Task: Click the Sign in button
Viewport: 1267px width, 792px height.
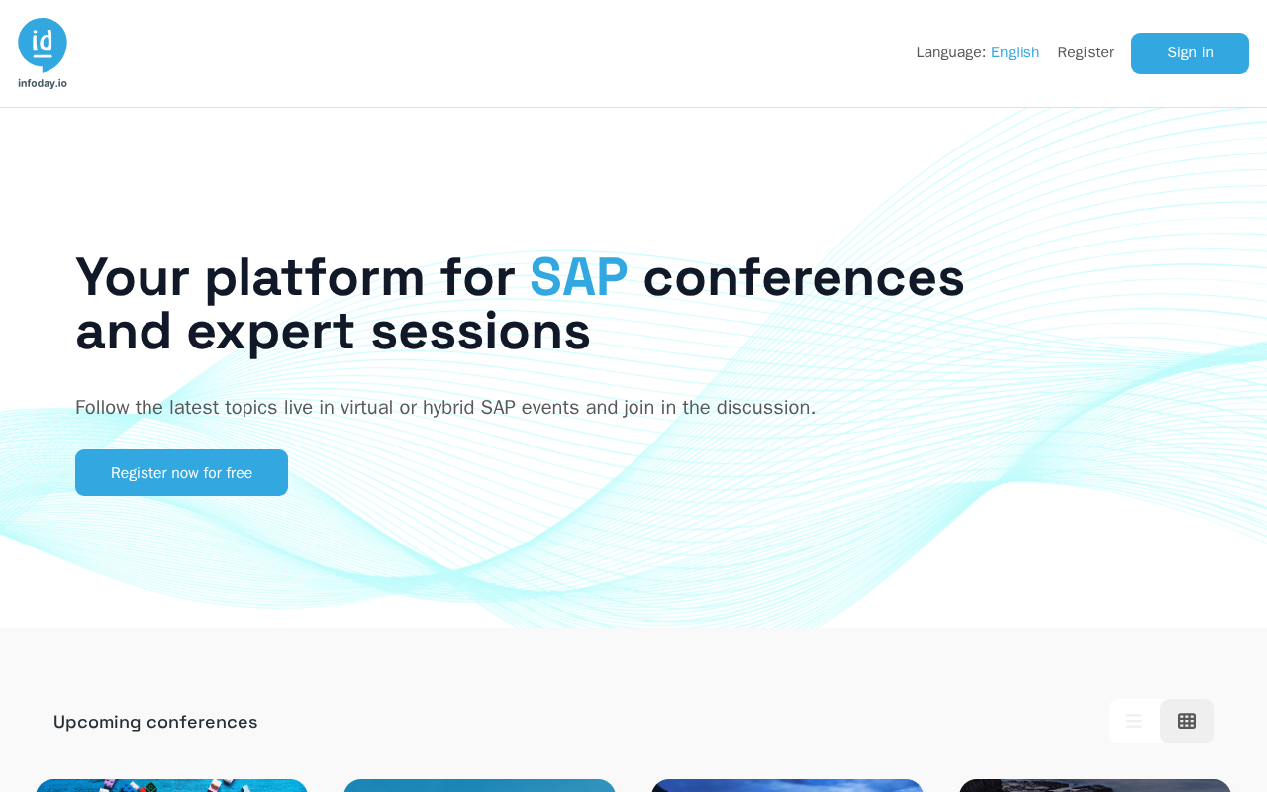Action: click(x=1190, y=53)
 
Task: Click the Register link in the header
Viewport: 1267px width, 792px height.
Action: click(x=1086, y=52)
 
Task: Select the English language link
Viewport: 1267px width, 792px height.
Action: click(x=1015, y=52)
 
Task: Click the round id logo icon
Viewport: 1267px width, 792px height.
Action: click(x=43, y=45)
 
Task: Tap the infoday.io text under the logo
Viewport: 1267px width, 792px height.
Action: click(x=43, y=84)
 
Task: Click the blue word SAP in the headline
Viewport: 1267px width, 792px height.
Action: click(x=579, y=277)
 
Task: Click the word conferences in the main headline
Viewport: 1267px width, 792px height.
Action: click(x=804, y=277)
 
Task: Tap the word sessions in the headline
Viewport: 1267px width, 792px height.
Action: click(x=481, y=332)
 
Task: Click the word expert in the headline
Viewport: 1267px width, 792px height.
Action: click(x=270, y=334)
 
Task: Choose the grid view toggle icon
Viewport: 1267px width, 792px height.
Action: click(x=1187, y=721)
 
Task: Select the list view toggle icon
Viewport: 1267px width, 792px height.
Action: click(x=1134, y=721)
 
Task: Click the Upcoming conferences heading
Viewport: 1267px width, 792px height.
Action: click(x=155, y=723)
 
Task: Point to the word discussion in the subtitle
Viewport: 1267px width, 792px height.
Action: click(x=766, y=407)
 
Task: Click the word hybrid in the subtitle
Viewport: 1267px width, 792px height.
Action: click(x=448, y=408)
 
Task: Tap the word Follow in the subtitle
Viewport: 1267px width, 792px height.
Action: click(x=102, y=407)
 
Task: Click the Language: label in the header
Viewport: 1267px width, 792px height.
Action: click(x=951, y=52)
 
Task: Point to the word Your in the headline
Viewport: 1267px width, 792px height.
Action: click(x=133, y=277)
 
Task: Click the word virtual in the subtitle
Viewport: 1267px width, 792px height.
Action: click(x=366, y=407)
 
